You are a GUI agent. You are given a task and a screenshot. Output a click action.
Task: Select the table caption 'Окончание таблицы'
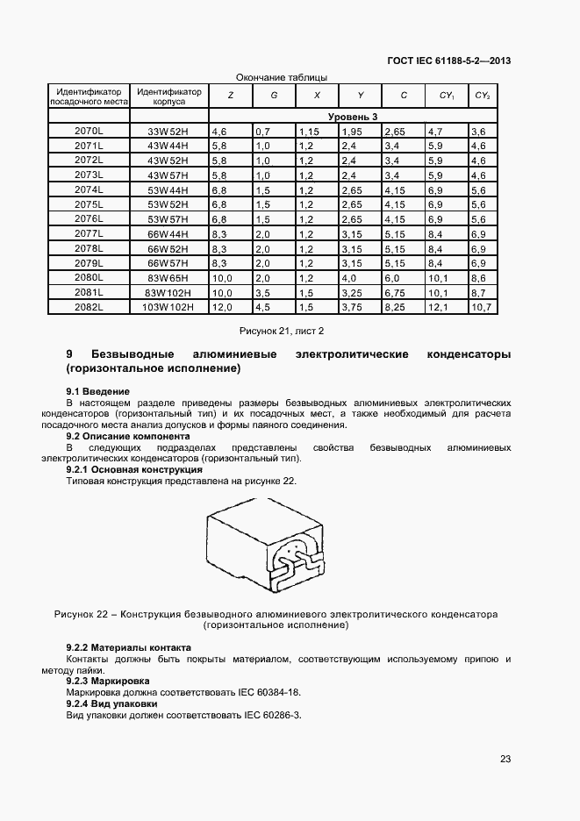[x=283, y=77]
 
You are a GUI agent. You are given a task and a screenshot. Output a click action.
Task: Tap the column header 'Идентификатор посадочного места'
[x=88, y=96]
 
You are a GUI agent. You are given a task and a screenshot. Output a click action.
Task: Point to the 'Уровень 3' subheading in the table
[x=352, y=116]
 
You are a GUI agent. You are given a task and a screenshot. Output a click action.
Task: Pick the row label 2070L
[x=89, y=131]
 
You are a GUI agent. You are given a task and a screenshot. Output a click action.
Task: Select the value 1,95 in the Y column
[x=351, y=131]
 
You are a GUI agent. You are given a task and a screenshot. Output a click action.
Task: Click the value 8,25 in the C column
[x=396, y=307]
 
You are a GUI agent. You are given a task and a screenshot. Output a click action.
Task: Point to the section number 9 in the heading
[x=69, y=353]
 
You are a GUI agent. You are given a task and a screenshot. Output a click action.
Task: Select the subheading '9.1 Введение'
[x=98, y=390]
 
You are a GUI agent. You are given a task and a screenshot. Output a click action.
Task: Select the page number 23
[x=505, y=760]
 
